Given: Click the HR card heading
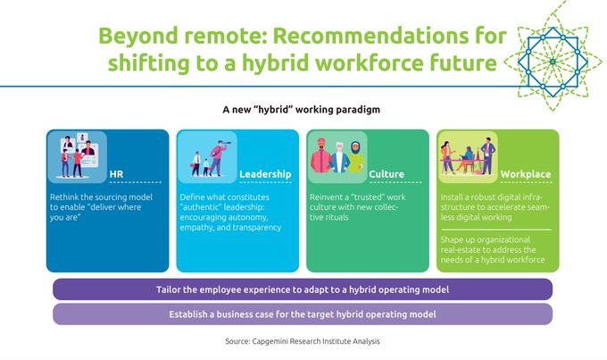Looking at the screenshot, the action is click(x=116, y=174).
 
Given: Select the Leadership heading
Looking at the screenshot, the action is click(x=265, y=174).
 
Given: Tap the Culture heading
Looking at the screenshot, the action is click(x=387, y=174).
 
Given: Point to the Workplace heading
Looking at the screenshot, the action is click(x=526, y=174).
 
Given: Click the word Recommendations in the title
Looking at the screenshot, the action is click(x=370, y=36).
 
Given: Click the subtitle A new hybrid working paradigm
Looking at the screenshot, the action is click(x=301, y=110).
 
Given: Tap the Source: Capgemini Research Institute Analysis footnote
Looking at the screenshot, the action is click(x=303, y=341).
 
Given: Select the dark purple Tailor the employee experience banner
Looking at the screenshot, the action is click(x=303, y=289).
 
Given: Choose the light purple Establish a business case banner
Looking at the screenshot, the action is click(x=303, y=314).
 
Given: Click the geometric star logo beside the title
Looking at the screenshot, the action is click(x=553, y=62).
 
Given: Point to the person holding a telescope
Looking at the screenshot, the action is click(x=219, y=158).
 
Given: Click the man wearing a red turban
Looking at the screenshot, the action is click(x=321, y=155).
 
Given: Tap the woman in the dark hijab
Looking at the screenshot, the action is click(x=356, y=157).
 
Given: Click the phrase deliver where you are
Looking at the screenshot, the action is click(x=96, y=212).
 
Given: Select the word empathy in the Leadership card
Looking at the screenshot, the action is click(x=196, y=228).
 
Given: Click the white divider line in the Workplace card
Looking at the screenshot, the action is click(x=496, y=230).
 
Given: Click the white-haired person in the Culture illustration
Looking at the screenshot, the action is click(x=340, y=157).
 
